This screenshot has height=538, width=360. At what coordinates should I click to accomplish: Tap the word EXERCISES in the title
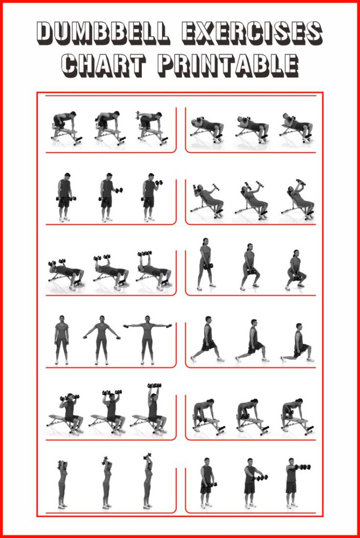tap(252, 33)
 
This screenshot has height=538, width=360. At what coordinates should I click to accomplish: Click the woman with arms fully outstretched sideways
tap(148, 339)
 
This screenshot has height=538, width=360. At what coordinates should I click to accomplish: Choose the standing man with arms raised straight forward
tap(292, 481)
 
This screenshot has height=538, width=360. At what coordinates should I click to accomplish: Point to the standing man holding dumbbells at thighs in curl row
tap(64, 196)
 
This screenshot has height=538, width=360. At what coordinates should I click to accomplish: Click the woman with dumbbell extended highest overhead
tap(148, 481)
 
